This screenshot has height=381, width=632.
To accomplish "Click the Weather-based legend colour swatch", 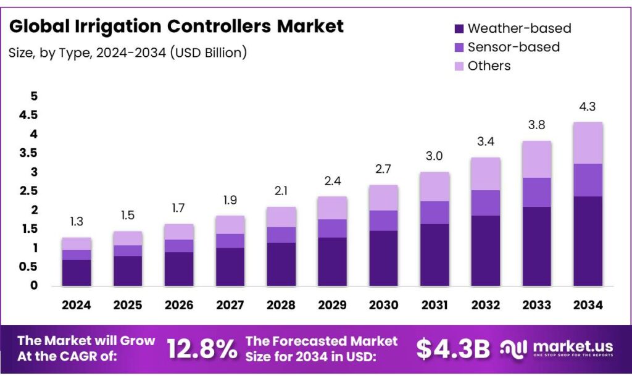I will coord(459,29).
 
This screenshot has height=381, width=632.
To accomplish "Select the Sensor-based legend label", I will coord(513,47).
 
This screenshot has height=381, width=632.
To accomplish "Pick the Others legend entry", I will coord(489,65).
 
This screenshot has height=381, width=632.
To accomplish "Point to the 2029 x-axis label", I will coord(333,305).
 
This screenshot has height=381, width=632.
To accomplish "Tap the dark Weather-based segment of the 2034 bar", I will coord(588,241).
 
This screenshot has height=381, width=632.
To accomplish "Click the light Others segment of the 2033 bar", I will coord(537,159).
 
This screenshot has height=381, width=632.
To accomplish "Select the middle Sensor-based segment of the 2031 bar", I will coord(435,212).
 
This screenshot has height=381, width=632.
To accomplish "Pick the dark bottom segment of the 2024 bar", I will coord(77,272).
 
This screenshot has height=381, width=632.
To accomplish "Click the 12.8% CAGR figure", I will coord(202,349).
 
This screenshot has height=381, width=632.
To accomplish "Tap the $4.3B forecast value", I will coord(453,349).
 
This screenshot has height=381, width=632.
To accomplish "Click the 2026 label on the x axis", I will coord(179,305).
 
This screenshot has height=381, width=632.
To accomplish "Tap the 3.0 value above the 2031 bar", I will coord(435,156).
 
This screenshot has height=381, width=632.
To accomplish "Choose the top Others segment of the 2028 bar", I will coord(281,217).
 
